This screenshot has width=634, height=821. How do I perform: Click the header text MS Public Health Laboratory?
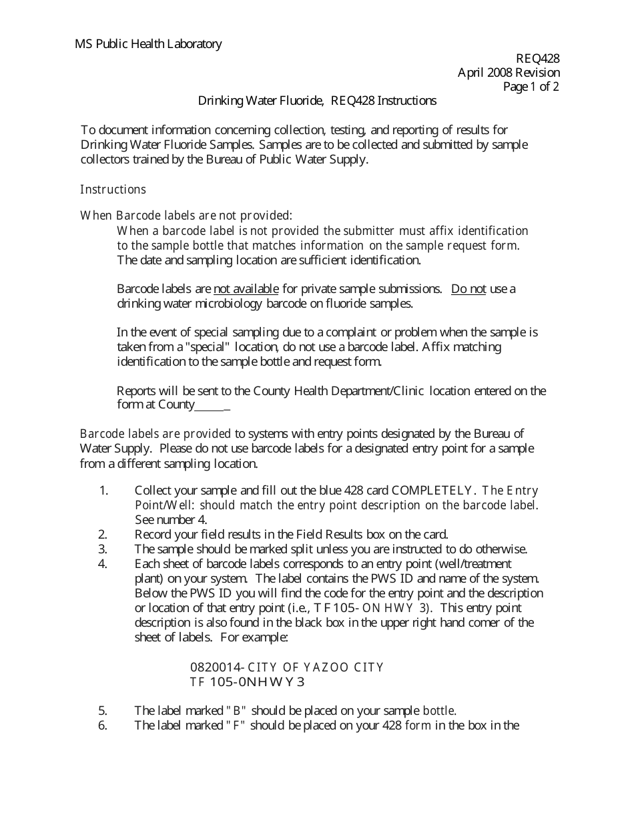point(148,44)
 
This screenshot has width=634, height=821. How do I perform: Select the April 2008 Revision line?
point(509,73)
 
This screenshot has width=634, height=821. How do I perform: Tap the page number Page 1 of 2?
point(531,87)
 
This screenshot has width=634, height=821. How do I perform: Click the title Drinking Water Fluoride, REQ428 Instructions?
point(317,101)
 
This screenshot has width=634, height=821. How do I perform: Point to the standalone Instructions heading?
point(113,190)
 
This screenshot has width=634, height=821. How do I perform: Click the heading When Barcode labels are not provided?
point(186,216)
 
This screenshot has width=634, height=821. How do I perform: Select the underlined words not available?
point(246,289)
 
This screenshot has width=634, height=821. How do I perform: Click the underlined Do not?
point(468,289)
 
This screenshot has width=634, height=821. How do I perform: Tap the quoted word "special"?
point(211,347)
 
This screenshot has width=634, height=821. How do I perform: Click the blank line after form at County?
point(212,406)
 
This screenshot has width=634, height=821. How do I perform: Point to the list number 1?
point(103,491)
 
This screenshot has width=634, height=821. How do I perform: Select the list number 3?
point(103,549)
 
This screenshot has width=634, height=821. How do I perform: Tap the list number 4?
point(103,564)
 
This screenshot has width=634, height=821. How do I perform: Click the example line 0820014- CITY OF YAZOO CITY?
point(287,667)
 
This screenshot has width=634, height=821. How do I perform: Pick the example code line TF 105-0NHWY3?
point(247,682)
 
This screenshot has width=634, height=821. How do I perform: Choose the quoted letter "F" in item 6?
point(236,726)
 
